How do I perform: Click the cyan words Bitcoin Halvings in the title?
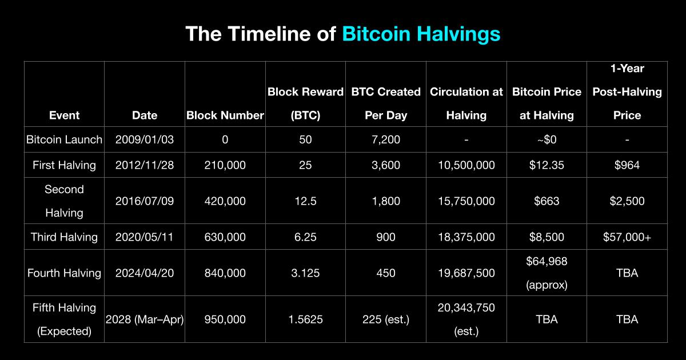[421, 34]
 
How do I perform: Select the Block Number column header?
[225, 115]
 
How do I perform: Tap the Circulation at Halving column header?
[466, 103]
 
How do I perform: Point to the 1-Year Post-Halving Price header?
[627, 92]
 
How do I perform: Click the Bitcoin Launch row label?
[64, 139]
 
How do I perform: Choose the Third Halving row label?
[64, 237]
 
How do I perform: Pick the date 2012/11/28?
[145, 165]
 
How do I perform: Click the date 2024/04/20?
[145, 273]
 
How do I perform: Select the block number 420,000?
[225, 201]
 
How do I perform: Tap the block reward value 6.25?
[305, 237]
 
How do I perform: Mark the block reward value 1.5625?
[306, 319]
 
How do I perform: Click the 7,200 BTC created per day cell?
[386, 139]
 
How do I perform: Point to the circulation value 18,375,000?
[466, 237]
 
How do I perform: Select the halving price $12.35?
[547, 165]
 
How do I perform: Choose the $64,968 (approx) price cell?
[547, 273]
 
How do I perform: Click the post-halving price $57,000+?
[627, 237]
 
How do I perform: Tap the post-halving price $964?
[627, 165]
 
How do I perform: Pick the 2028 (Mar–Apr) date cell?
[145, 319]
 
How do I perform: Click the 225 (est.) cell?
[386, 319]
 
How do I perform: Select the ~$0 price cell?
[547, 139]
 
